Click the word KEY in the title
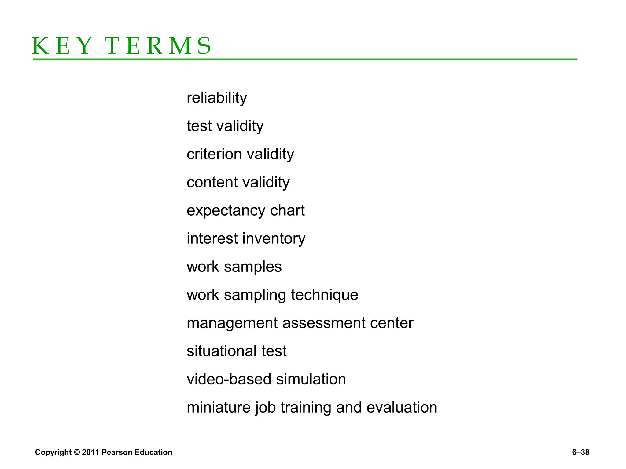[x=61, y=46]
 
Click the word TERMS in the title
[x=158, y=46]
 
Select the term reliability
[x=217, y=98]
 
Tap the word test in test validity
[x=199, y=126]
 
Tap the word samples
[x=253, y=267]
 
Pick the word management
[x=232, y=323]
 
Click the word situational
[x=222, y=351]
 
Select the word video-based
[x=229, y=379]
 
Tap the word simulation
[x=311, y=379]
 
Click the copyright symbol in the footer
[x=77, y=452]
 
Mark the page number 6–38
[x=580, y=452]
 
